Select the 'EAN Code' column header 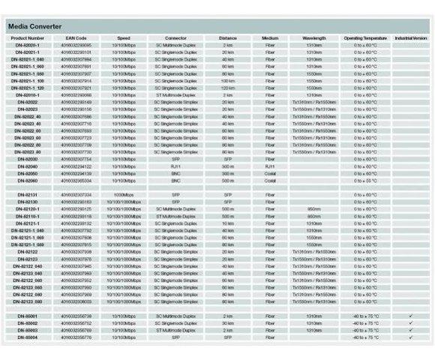(76, 37)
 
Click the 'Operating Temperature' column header (364, 37)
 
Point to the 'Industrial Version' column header (410, 37)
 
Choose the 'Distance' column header (228, 37)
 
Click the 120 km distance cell (228, 88)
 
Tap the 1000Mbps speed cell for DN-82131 (124, 194)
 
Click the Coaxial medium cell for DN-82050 (270, 173)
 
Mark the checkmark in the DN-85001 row (410, 316)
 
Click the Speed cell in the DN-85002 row (124, 322)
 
